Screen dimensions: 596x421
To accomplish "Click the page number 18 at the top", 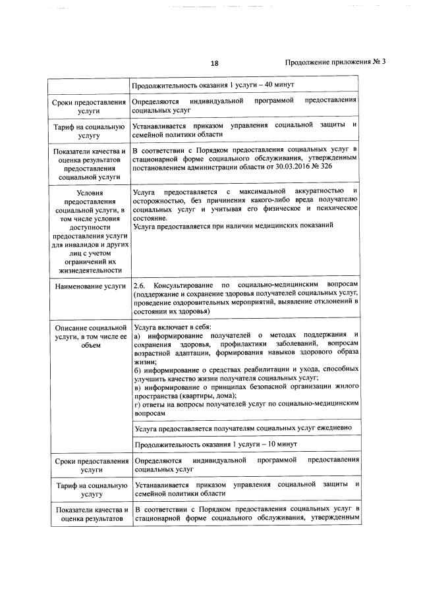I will click(x=214, y=63).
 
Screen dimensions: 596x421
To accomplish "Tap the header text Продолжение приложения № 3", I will click(x=335, y=63).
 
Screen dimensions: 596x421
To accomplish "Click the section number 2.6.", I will click(x=139, y=285).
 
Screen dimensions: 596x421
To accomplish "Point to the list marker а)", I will click(x=137, y=336).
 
